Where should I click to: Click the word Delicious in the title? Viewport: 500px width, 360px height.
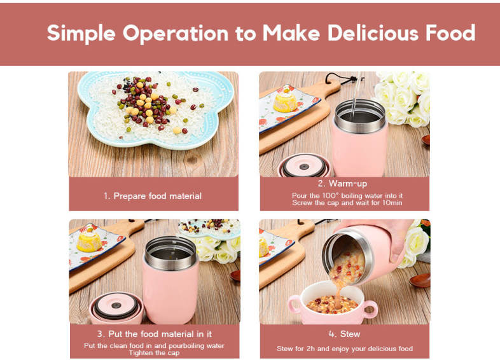coord(373,33)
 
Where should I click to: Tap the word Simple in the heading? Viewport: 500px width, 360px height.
coord(81,34)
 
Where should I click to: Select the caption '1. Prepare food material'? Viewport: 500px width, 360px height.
coord(153,196)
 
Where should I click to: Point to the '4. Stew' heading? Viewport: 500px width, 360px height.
coord(344,334)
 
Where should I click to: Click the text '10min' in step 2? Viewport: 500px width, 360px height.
coord(392,202)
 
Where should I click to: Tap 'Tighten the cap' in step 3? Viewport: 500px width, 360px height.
coord(154,352)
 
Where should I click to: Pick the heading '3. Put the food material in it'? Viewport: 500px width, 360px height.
coord(155,334)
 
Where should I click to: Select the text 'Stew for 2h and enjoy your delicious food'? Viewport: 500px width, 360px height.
coord(345,349)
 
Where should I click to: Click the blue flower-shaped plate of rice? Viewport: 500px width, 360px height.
coord(156,109)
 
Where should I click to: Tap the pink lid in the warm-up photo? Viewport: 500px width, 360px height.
coord(304,166)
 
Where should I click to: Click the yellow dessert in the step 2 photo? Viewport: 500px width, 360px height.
coord(286,99)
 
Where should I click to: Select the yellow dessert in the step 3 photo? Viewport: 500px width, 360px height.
coord(89,240)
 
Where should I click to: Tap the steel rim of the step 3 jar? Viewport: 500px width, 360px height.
coord(171,253)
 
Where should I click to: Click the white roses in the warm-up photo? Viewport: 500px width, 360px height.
coord(403,98)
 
